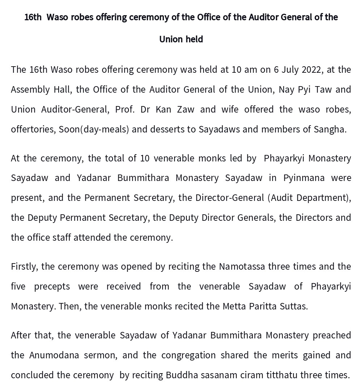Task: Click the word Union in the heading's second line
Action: coord(171,39)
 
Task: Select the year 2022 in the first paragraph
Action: coord(311,69)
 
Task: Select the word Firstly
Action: coord(25,266)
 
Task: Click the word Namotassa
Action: coord(242,266)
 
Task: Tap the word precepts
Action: coord(52,286)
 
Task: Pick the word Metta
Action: coord(234,306)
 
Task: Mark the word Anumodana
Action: coord(54,355)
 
